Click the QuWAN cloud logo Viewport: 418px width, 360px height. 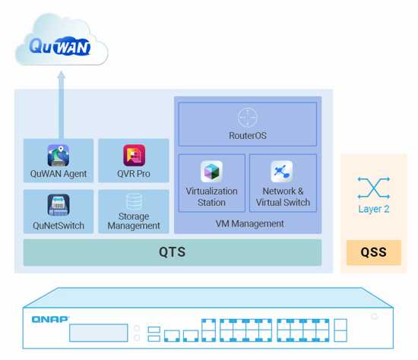point(60,47)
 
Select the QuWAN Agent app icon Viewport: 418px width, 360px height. point(59,156)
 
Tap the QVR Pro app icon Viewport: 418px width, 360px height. point(134,156)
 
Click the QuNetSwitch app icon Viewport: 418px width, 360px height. point(59,205)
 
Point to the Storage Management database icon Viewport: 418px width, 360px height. point(134,202)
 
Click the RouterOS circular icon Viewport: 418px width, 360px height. point(248,118)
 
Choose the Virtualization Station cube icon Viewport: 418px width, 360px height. point(211,172)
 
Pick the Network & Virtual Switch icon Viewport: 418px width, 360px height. point(282,172)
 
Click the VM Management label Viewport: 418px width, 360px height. point(250,224)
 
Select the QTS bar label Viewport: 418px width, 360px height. point(172,252)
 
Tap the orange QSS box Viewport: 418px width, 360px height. point(374,252)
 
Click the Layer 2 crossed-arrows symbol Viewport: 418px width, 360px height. point(373,188)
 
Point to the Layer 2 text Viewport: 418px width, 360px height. point(374,209)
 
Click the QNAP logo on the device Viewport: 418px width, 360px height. point(50,319)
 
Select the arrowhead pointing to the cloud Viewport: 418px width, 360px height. point(62,75)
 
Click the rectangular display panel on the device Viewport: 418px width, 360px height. point(98,333)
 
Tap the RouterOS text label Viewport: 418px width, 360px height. point(248,136)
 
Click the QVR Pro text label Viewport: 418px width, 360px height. point(134,174)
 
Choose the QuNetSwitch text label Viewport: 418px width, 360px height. point(59,226)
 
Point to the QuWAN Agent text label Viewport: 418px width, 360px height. point(59,174)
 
